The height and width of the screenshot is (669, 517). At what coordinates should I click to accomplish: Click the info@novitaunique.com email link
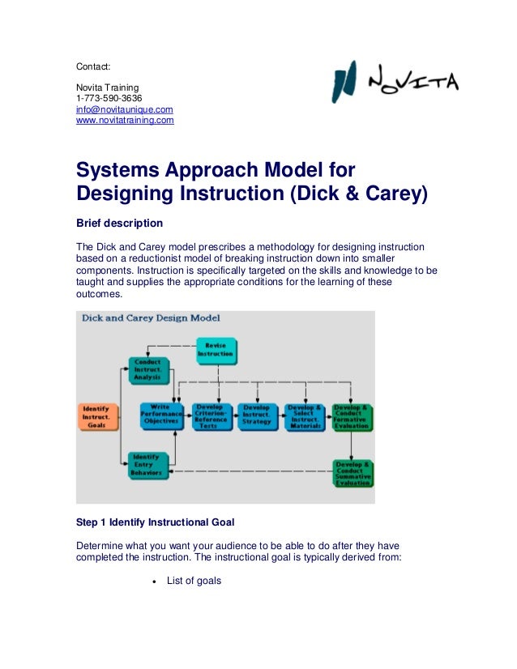tap(124, 109)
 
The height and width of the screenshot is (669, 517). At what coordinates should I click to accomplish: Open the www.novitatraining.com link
tap(125, 121)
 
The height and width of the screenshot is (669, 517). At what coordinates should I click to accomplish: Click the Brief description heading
tap(119, 223)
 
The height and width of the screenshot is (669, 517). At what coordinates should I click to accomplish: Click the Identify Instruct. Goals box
tap(97, 417)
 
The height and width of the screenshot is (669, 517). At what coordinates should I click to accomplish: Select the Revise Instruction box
tap(216, 350)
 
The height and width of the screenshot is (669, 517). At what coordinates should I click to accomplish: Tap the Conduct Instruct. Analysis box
tap(148, 370)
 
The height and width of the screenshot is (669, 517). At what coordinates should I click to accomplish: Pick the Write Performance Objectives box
tap(162, 417)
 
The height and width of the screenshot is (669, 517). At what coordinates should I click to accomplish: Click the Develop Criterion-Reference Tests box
tap(211, 417)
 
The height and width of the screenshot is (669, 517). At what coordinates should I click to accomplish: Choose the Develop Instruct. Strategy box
tap(258, 417)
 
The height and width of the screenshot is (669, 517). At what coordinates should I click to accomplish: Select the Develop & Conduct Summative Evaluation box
tap(353, 472)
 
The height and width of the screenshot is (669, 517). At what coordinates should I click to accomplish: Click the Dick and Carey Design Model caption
tap(151, 318)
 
